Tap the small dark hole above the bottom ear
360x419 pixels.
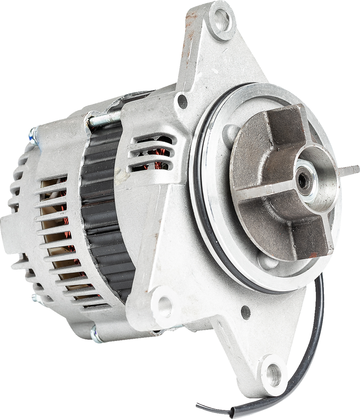245,311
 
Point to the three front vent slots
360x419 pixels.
154,153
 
